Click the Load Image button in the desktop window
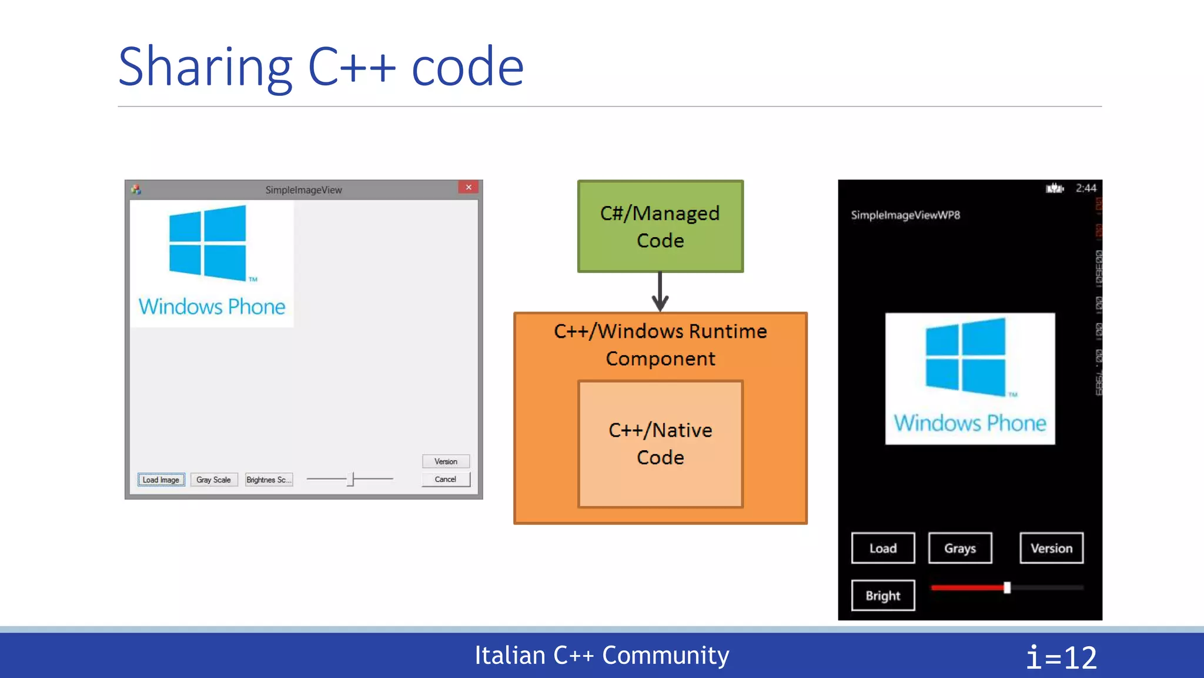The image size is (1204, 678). pyautogui.click(x=161, y=480)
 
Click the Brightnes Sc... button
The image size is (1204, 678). pyautogui.click(x=269, y=480)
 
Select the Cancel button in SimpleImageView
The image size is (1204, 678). pyautogui.click(x=446, y=479)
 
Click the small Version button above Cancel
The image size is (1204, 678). pyautogui.click(x=446, y=461)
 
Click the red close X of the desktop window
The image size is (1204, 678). pyautogui.click(x=469, y=187)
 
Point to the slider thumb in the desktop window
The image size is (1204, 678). pyautogui.click(x=352, y=479)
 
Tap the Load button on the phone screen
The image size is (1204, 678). pyautogui.click(x=883, y=548)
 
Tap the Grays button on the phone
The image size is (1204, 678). pyautogui.click(x=960, y=548)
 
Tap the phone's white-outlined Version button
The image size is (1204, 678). pyautogui.click(x=1051, y=548)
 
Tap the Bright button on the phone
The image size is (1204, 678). pyautogui.click(x=883, y=596)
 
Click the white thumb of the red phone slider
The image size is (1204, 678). pyautogui.click(x=1007, y=587)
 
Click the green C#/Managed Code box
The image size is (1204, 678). pyautogui.click(x=660, y=227)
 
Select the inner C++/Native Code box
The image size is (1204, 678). pyautogui.click(x=660, y=444)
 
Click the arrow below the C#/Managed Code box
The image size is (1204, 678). pyautogui.click(x=660, y=293)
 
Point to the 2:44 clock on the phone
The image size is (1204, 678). pyautogui.click(x=1086, y=188)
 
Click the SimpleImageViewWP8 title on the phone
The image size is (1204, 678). pyautogui.click(x=905, y=215)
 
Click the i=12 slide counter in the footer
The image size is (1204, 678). pyautogui.click(x=1061, y=657)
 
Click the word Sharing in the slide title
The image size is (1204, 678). pyautogui.click(x=205, y=68)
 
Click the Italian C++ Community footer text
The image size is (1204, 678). pyautogui.click(x=601, y=656)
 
